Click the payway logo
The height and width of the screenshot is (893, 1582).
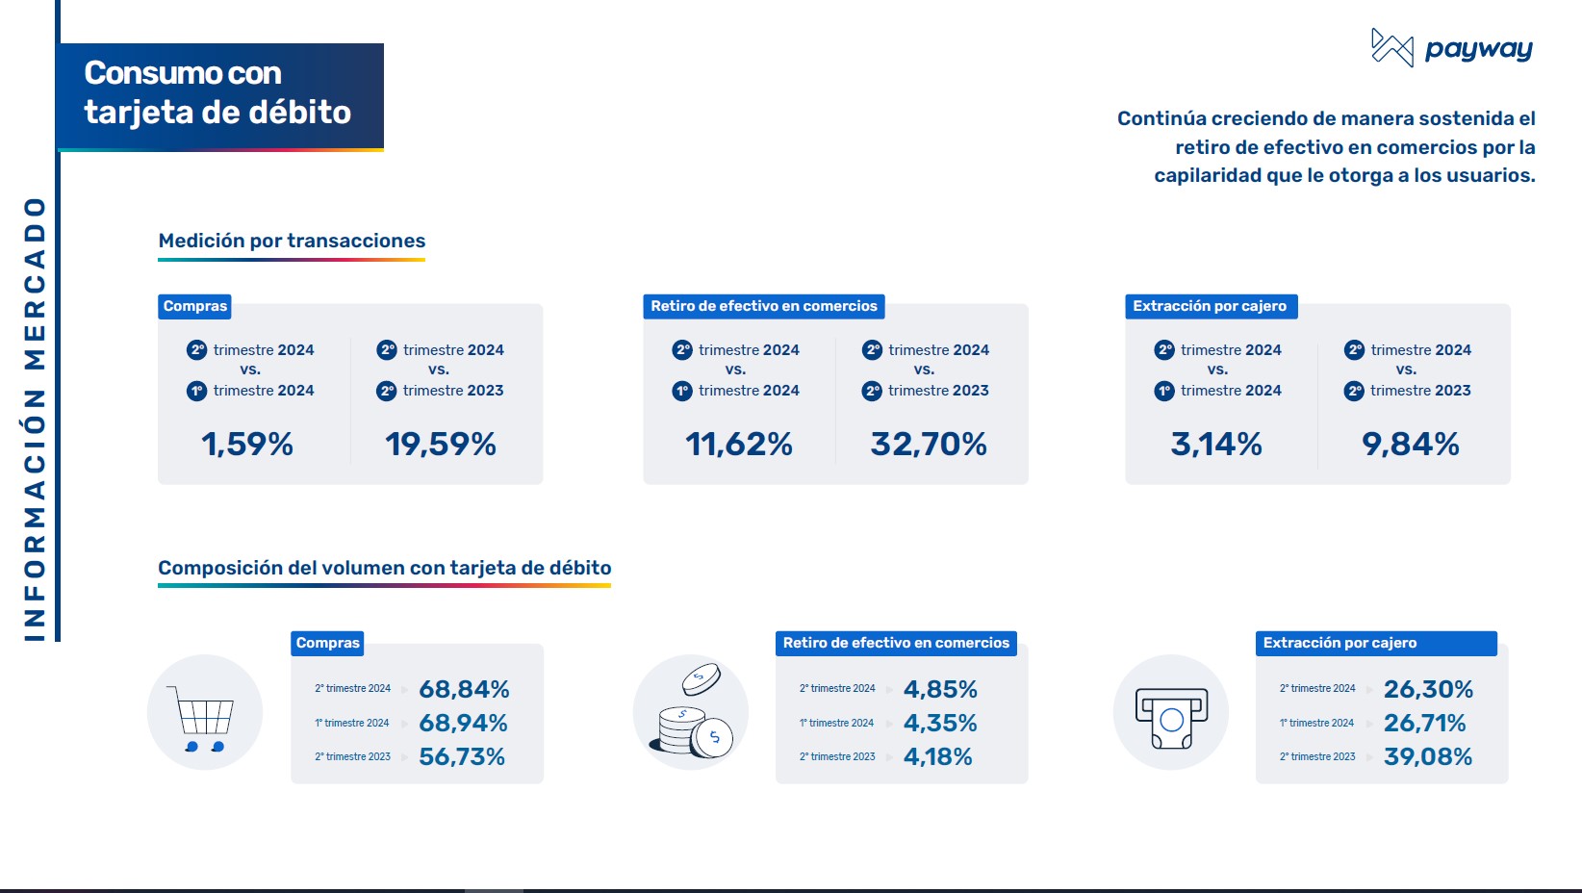click(1451, 48)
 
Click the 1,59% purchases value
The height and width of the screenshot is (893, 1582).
click(247, 444)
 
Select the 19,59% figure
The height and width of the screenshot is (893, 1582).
click(441, 444)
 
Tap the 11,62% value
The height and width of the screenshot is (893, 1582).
click(738, 444)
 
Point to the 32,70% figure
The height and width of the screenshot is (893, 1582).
click(929, 444)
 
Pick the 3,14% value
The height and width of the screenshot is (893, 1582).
click(1216, 444)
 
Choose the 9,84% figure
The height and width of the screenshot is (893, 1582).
click(1410, 444)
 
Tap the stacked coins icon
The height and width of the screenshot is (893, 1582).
click(690, 713)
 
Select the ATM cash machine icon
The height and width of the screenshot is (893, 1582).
click(1171, 715)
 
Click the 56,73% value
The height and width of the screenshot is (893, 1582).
click(462, 756)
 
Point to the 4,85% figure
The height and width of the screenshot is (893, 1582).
click(940, 689)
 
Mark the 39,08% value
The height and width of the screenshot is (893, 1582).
click(1428, 756)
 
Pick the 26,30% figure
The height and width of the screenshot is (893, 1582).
click(1428, 689)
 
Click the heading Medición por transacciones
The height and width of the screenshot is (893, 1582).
click(292, 241)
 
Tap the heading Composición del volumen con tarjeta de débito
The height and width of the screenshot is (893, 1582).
click(384, 568)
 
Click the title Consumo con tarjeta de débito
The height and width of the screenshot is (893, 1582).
click(217, 93)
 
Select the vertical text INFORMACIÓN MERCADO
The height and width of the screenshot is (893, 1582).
click(35, 419)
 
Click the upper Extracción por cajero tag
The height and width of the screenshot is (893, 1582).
click(1210, 306)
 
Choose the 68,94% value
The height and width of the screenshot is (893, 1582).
click(463, 723)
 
